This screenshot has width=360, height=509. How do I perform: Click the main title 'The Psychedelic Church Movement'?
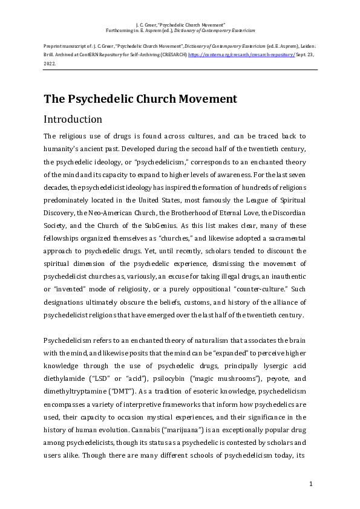tap(140, 99)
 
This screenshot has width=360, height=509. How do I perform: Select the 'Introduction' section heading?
tap(73, 119)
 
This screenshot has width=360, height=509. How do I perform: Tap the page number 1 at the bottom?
tap(310, 484)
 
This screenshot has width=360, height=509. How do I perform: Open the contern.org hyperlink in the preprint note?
tap(242, 54)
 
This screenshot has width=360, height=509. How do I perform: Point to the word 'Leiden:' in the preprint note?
tap(307, 46)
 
